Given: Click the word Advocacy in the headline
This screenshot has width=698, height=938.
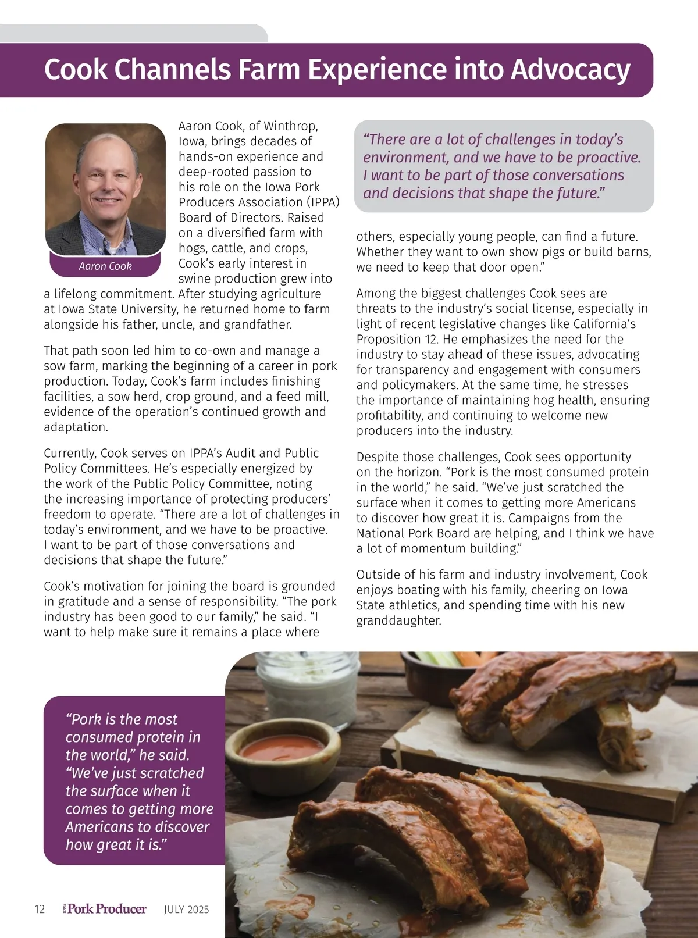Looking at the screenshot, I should [570, 69].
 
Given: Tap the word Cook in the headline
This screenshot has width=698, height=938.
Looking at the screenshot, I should [76, 69].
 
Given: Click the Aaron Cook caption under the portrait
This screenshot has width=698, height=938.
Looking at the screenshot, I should [105, 266].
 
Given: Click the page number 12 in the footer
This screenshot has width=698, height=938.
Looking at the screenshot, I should [40, 910].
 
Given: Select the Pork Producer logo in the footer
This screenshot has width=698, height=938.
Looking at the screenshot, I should [105, 909].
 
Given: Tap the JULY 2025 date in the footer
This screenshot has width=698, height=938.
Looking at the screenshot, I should [186, 910].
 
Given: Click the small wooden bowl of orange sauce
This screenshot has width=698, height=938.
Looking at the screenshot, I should [282, 751].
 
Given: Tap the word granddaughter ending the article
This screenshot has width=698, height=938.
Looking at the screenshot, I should [398, 620].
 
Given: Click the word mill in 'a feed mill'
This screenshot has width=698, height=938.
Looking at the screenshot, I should [316, 397].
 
